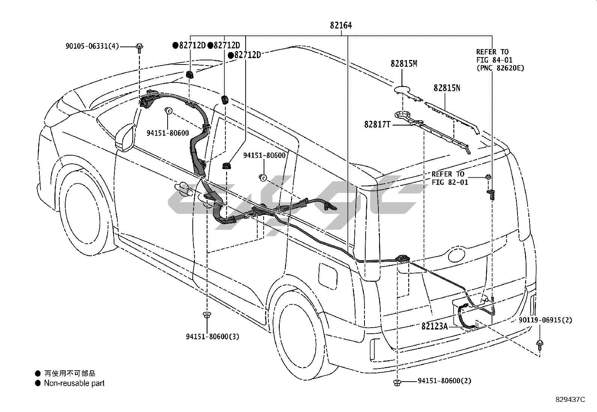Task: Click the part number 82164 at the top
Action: (x=341, y=25)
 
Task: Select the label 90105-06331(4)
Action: (x=92, y=46)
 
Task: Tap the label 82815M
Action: (x=404, y=63)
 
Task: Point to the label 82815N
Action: (x=447, y=88)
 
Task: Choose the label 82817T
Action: (x=377, y=124)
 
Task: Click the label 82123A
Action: (x=434, y=326)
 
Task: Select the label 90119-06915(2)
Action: (x=546, y=320)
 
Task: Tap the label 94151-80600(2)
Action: (x=444, y=381)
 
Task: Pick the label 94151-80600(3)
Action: (x=213, y=337)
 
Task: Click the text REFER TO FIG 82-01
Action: (x=450, y=178)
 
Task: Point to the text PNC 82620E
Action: (x=500, y=68)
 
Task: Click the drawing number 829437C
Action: (x=570, y=400)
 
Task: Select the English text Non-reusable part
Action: (x=74, y=383)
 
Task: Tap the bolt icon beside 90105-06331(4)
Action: (x=139, y=48)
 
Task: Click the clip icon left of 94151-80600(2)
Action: (x=397, y=383)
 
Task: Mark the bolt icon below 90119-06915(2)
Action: (x=540, y=345)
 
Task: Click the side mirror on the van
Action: (x=125, y=138)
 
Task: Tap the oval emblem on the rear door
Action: (x=456, y=255)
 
